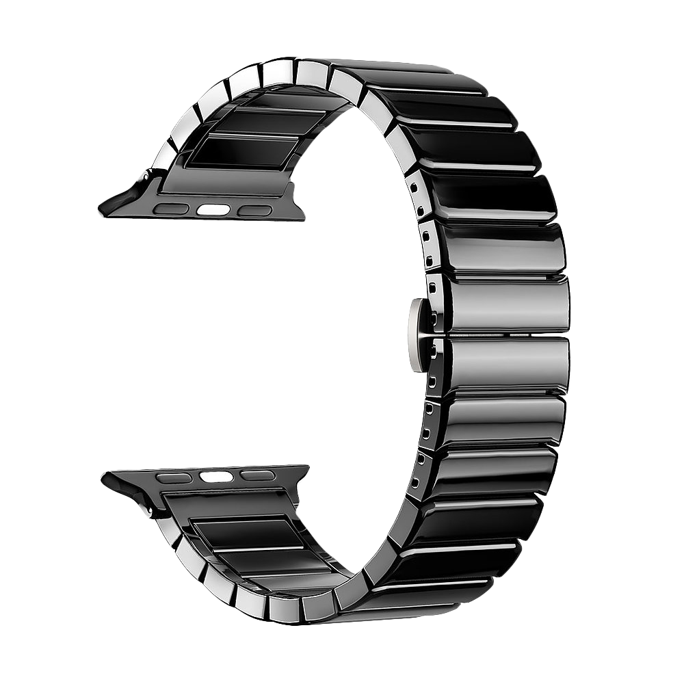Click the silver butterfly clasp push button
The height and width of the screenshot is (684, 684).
pos(416,334)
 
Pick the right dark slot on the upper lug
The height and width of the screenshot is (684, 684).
pos(254,211)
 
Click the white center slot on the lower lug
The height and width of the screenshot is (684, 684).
pos(215,477)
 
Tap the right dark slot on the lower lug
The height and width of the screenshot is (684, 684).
pos(257,475)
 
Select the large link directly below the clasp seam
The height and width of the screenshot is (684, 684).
pos(506,366)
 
